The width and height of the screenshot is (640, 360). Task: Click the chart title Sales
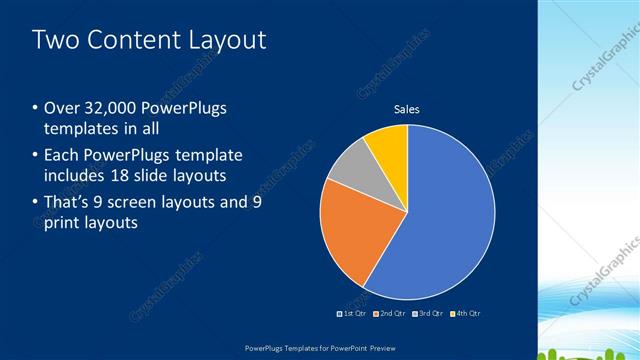406,109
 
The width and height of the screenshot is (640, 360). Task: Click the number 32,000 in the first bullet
105,108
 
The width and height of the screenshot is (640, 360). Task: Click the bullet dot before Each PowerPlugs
36,156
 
